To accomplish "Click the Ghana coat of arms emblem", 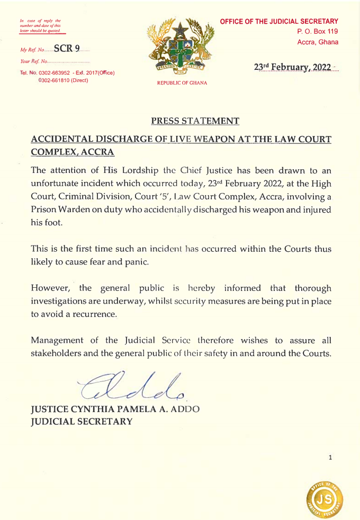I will (182, 48).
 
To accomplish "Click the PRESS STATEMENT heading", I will (195, 121).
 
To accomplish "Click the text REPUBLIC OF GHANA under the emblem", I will (182, 83).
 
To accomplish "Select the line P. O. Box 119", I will (318, 32).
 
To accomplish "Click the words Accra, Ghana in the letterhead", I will (318, 42).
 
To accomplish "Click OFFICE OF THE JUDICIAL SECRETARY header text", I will (278, 21).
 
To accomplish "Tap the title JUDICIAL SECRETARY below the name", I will (82, 422).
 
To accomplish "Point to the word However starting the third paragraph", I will (52, 288).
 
